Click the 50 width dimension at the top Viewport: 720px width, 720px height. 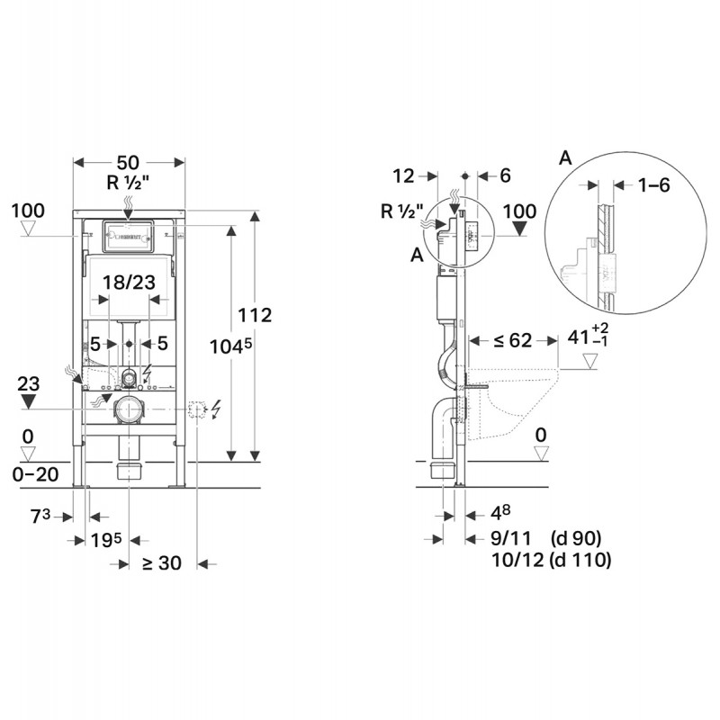pos(128,163)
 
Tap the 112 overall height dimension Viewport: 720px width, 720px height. pos(255,315)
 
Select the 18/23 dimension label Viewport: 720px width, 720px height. pos(129,283)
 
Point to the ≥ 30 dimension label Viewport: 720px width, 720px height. pos(162,563)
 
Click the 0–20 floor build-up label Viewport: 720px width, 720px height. pos(35,474)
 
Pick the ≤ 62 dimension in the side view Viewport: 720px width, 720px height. pos(512,340)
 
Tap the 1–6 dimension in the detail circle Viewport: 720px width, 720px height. pos(654,184)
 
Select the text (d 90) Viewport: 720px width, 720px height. pos(576,537)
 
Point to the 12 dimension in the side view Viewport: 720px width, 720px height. pos(403,175)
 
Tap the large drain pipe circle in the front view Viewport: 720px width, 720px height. pos(129,409)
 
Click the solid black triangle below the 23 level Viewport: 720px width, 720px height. pos(29,403)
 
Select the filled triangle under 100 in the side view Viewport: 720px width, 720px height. pos(519,229)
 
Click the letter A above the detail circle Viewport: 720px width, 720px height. pos(566,158)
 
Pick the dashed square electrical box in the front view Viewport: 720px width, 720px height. pos(197,409)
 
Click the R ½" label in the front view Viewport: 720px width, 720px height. pos(128,183)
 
